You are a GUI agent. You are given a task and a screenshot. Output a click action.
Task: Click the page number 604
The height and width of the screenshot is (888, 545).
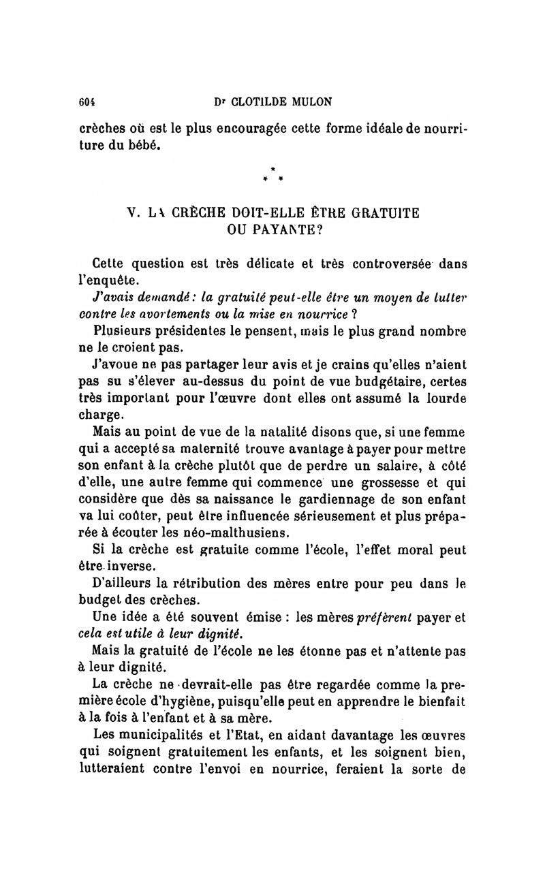pyautogui.click(x=87, y=101)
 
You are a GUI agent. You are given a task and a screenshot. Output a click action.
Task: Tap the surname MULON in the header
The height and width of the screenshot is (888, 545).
pyautogui.click(x=309, y=101)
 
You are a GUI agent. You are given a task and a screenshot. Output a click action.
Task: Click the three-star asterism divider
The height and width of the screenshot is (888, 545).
pyautogui.click(x=272, y=174)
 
